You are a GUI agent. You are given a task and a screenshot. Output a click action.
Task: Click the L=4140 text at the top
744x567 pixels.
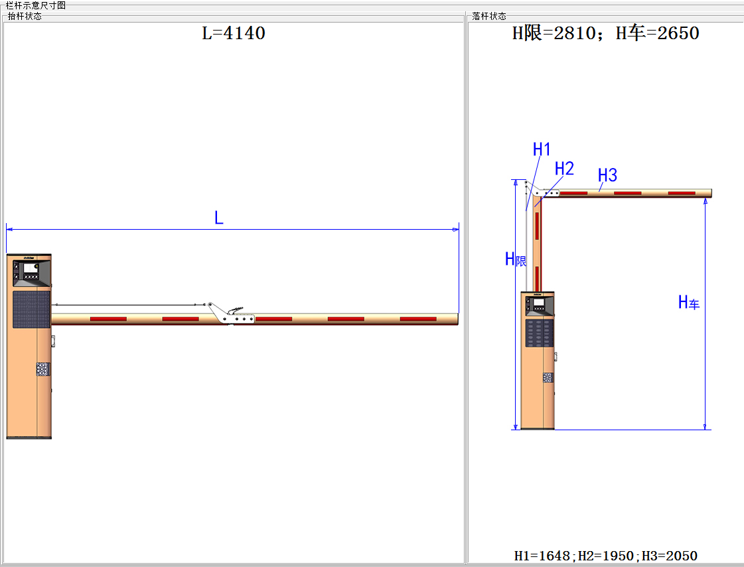pyautogui.click(x=234, y=33)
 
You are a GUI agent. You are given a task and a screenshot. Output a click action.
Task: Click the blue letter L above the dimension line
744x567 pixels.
pyautogui.click(x=219, y=218)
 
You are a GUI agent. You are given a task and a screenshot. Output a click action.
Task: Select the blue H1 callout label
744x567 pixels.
pyautogui.click(x=542, y=149)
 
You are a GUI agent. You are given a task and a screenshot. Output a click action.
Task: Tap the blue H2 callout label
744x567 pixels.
pyautogui.click(x=564, y=169)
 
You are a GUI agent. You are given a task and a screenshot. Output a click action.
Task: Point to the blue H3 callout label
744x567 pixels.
pyautogui.click(x=607, y=175)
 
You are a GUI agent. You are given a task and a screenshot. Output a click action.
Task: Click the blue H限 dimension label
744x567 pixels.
pyautogui.click(x=516, y=259)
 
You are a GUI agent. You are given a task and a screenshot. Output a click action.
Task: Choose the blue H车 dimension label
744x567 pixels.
pyautogui.click(x=688, y=302)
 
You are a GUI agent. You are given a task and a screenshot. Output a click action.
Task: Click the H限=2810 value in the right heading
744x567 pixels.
pyautogui.click(x=554, y=33)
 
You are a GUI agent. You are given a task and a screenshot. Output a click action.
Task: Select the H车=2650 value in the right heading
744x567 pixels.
pyautogui.click(x=657, y=33)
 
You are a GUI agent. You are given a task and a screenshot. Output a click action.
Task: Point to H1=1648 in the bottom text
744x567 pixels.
pyautogui.click(x=542, y=556)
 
